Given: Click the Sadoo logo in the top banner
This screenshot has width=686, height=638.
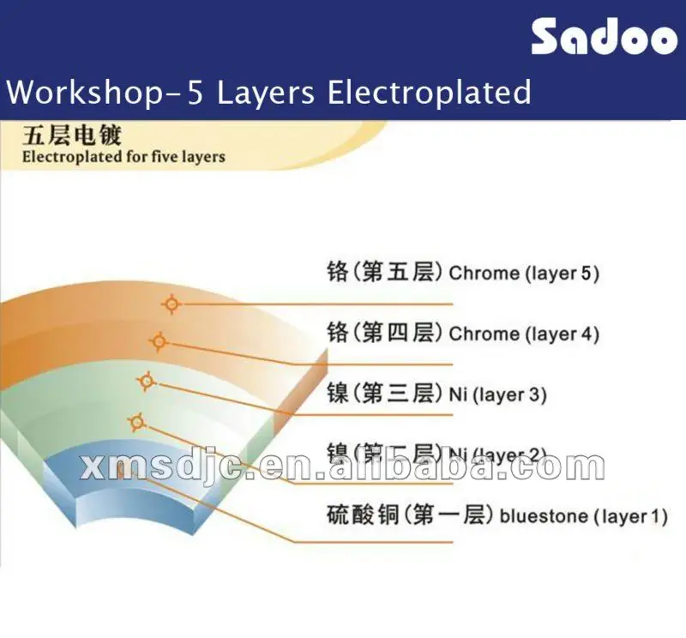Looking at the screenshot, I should tap(604, 37).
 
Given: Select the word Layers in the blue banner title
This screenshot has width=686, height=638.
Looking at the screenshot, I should tap(266, 91).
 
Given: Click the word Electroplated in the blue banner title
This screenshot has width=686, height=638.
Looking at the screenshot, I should tap(430, 91).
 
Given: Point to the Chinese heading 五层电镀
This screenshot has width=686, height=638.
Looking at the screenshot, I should tap(72, 135).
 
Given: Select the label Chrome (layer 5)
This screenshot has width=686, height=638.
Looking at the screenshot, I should tap(524, 274).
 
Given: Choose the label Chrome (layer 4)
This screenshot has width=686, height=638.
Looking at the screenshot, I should tap(524, 334).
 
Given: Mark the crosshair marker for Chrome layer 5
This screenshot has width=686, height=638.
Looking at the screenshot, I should tap(172, 304).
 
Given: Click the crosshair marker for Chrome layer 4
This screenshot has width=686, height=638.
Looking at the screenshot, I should tap(158, 341).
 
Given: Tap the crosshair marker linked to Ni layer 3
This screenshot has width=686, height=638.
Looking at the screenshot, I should tap(147, 381).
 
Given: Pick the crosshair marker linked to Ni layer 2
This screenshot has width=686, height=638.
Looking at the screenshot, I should tap(135, 421).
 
